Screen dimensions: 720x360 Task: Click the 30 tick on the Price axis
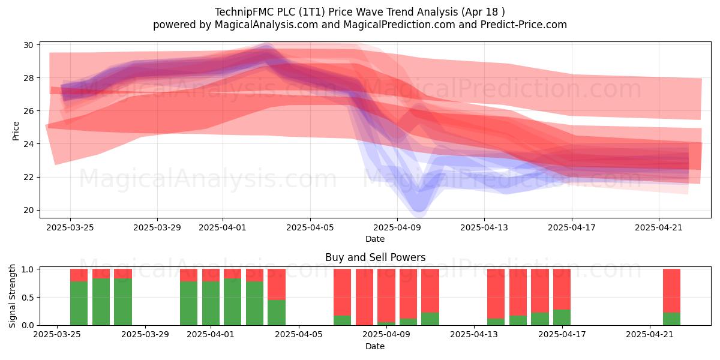tap(28, 45)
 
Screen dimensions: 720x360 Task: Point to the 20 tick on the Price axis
tap(28, 210)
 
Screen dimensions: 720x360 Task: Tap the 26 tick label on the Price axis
tap(28, 111)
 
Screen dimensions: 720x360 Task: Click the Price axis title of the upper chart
tap(16, 131)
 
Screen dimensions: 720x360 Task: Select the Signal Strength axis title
tap(12, 296)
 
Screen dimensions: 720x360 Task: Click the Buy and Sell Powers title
tap(375, 257)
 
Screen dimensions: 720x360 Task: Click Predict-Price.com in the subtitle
tap(524, 25)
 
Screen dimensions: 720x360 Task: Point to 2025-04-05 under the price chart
tap(310, 227)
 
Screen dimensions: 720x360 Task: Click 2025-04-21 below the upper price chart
tap(659, 227)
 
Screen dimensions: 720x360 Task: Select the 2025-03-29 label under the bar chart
tap(145, 334)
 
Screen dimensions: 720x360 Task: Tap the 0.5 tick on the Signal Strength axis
tap(28, 298)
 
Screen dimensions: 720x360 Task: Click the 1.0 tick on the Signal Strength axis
tap(28, 269)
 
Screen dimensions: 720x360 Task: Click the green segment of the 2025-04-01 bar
tap(211, 303)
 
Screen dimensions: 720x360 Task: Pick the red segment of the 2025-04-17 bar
tap(562, 289)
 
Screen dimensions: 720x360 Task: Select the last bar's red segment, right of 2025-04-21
tap(672, 290)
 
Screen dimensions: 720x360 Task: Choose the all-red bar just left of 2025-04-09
tap(365, 297)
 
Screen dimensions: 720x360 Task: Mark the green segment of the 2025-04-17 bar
tap(562, 317)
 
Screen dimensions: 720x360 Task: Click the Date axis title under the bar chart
tap(375, 346)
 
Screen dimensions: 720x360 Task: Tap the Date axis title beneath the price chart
tap(375, 239)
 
